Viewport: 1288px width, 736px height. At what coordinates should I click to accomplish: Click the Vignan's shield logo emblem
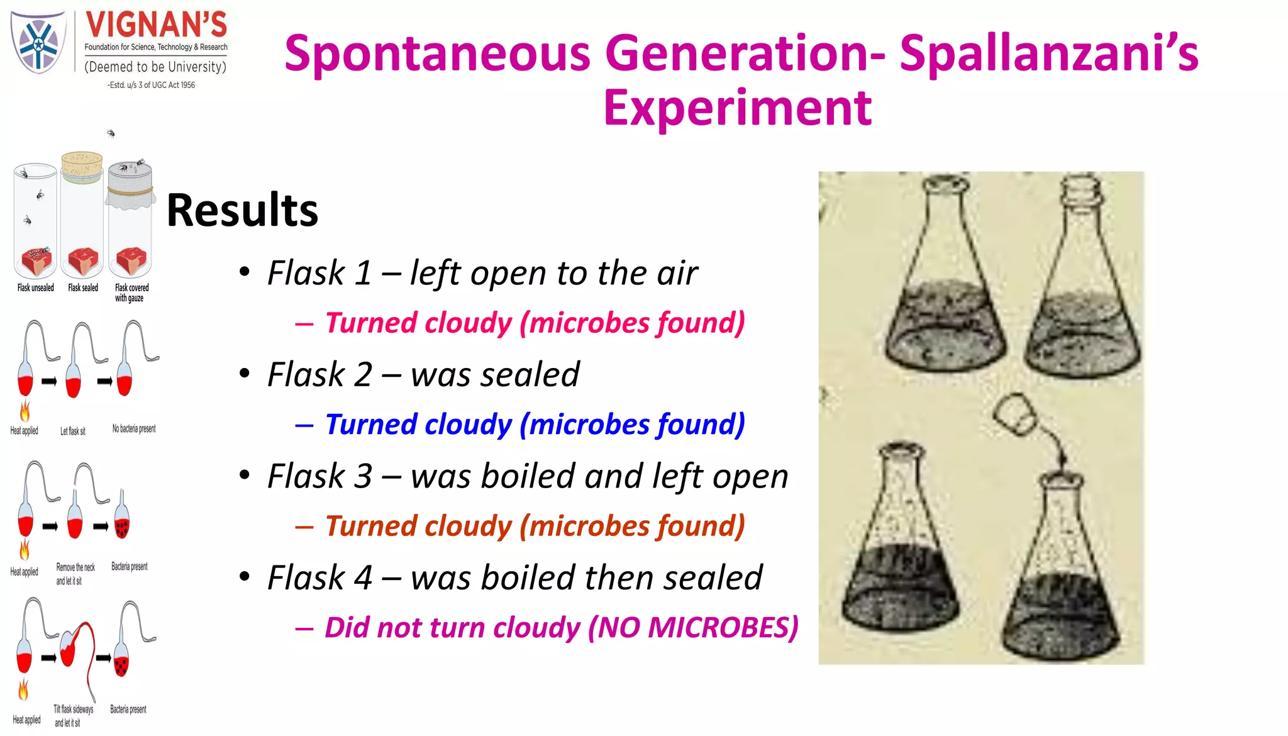[38, 43]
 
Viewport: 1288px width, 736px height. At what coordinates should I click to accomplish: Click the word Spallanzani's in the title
[1049, 53]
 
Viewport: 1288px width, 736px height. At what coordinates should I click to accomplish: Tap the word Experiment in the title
[737, 108]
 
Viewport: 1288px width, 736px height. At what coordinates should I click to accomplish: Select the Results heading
[242, 210]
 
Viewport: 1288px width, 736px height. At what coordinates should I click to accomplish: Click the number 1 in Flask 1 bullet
[363, 273]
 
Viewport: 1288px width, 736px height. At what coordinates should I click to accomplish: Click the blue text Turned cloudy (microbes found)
[535, 425]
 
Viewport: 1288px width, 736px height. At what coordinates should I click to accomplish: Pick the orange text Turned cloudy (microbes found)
[535, 527]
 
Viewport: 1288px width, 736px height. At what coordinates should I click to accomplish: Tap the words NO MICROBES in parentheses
[692, 628]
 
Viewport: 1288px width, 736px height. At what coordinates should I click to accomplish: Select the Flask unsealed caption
[36, 287]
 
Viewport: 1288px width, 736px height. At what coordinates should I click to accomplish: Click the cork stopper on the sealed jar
[82, 165]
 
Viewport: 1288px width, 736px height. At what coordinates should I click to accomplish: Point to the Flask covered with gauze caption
[131, 293]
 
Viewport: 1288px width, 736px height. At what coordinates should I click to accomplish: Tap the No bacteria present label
[134, 428]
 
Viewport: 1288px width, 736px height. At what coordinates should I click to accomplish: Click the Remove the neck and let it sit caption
[75, 574]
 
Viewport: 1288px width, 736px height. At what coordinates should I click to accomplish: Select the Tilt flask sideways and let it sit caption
[73, 716]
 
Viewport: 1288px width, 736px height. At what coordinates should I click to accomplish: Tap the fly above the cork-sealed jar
[111, 133]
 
